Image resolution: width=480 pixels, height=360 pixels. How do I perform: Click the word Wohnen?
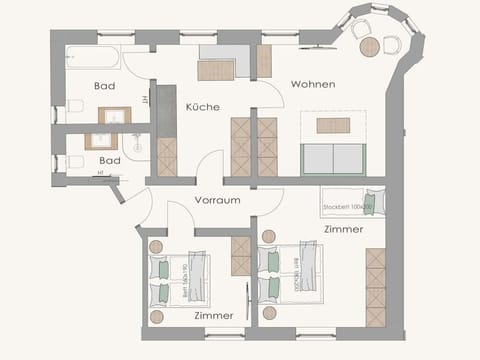(x=313, y=84)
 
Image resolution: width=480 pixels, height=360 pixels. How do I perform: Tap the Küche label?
(x=203, y=107)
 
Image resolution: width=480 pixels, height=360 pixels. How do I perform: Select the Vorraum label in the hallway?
(x=217, y=200)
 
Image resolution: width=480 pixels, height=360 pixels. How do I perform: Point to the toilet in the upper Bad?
(x=74, y=106)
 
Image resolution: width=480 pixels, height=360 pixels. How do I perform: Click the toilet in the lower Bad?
(x=74, y=161)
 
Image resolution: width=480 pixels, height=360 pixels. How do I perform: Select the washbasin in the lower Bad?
(x=103, y=141)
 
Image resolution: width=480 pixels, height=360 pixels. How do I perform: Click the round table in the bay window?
(x=370, y=46)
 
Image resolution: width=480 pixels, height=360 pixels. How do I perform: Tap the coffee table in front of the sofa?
(x=333, y=125)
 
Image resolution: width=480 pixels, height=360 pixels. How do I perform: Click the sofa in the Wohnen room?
(x=332, y=159)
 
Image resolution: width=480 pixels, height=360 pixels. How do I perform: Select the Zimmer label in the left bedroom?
(x=213, y=315)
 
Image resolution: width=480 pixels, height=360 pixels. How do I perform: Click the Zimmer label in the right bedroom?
(x=343, y=230)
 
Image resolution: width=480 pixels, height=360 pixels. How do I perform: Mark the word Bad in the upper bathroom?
(x=105, y=86)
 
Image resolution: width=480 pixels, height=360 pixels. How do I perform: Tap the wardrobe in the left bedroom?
(x=241, y=256)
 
